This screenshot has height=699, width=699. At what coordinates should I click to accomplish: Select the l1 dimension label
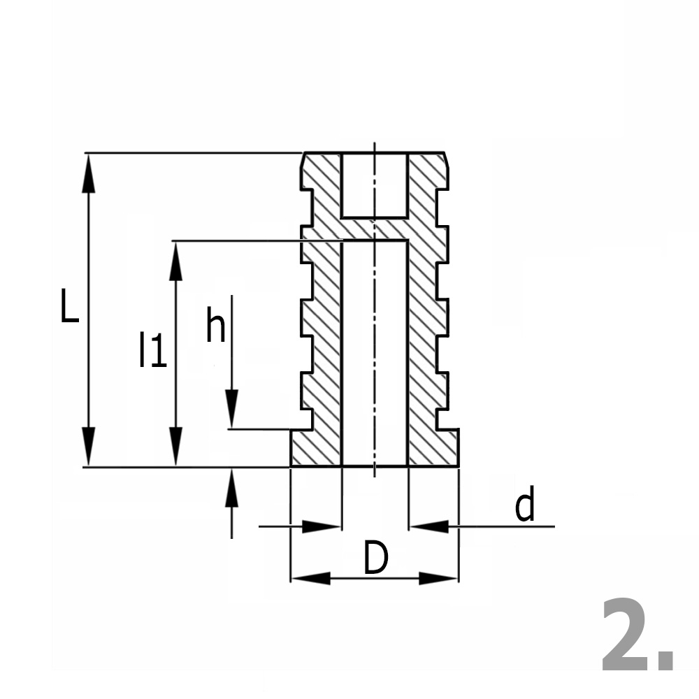[x=152, y=350]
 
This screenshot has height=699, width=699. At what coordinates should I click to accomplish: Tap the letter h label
[x=215, y=326]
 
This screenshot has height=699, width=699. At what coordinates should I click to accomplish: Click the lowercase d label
[x=524, y=506]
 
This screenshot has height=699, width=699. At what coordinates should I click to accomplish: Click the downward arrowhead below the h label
[x=231, y=408]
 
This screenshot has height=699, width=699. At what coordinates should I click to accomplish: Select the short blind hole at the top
[x=374, y=185]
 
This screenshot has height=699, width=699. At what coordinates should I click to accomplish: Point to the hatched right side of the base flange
[x=433, y=448]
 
